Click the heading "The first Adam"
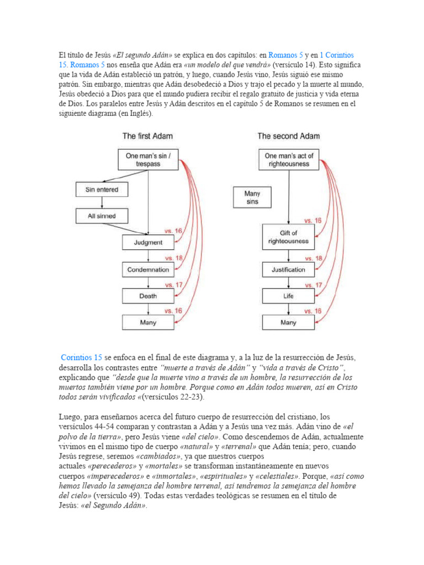pyautogui.click(x=147, y=136)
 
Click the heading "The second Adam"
pyautogui.click(x=288, y=136)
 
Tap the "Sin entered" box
pyautogui.click(x=101, y=190)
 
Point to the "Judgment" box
pyautogui.click(x=147, y=242)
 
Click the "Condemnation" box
pyautogui.click(x=147, y=269)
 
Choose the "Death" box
pyautogui.click(x=147, y=296)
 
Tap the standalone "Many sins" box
pyautogui.click(x=252, y=198)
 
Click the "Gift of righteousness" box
pyautogui.click(x=288, y=237)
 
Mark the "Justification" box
pyautogui.click(x=288, y=269)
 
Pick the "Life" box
pyautogui.click(x=288, y=296)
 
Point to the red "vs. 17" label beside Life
pyautogui.click(x=314, y=285)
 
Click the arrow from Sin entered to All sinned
pyautogui.click(x=101, y=202)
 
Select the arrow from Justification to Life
pyautogui.click(x=288, y=282)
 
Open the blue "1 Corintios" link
pyautogui.click(x=337, y=55)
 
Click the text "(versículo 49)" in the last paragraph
pyautogui.click(x=117, y=495)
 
